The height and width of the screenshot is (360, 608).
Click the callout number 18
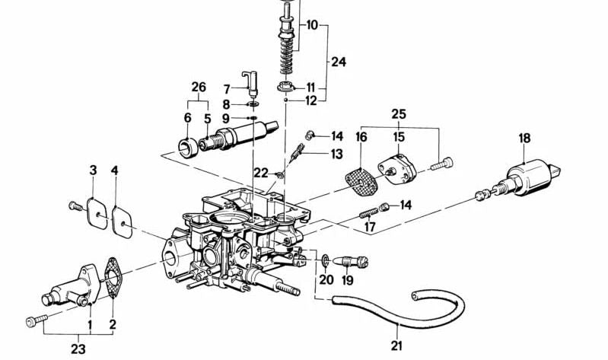point(525,138)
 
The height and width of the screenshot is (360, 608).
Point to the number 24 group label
point(338,62)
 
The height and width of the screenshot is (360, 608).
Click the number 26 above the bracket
point(199,88)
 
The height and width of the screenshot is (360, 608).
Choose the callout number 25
point(399,115)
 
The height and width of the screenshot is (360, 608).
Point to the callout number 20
point(326,279)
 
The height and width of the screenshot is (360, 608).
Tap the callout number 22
point(262,173)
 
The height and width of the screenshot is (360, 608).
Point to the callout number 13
point(336,154)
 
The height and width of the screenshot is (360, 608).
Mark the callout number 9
point(225,118)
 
